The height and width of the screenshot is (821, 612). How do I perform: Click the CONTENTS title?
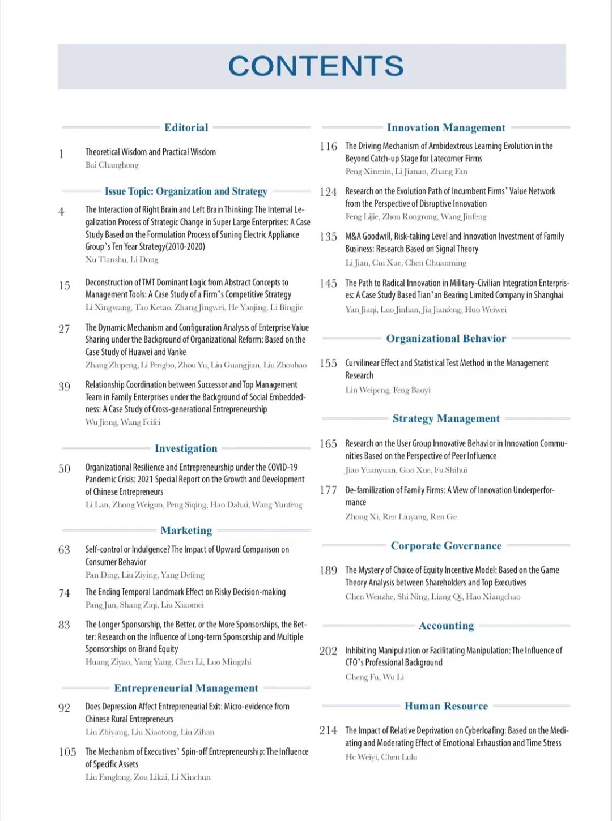point(316,66)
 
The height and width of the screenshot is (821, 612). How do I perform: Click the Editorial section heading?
point(186,127)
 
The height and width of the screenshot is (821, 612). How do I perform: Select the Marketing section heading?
point(186,531)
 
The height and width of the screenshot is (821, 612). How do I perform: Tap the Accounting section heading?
point(446,626)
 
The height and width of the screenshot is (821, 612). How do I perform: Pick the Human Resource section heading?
point(446,706)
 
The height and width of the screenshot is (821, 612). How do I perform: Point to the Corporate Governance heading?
point(446,546)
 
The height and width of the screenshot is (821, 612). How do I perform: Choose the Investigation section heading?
point(186,448)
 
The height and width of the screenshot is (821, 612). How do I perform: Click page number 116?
point(328,147)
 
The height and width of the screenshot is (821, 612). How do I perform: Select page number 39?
point(64,387)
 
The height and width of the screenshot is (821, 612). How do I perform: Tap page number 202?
point(328,651)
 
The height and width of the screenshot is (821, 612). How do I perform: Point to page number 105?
point(67,752)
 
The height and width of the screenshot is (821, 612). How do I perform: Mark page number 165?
point(328,444)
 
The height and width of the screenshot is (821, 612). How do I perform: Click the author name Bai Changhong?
point(112,165)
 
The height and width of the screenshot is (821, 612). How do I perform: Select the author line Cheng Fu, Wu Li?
point(375,677)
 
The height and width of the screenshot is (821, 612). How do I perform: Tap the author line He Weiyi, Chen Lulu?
point(381,757)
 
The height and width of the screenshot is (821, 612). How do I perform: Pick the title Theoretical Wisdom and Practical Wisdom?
point(150,152)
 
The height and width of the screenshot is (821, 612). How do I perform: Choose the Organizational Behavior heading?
point(446,339)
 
